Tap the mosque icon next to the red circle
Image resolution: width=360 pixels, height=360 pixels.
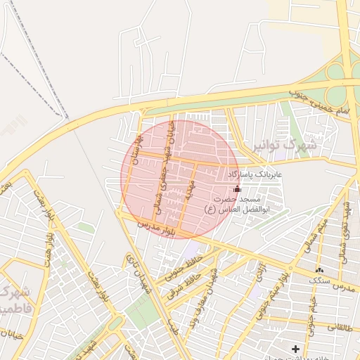click(x=236, y=188)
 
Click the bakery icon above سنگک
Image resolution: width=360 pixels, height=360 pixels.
click(x=320, y=270)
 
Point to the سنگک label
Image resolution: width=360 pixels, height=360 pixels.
click(x=320, y=281)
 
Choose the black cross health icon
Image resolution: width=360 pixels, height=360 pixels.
click(x=295, y=349)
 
